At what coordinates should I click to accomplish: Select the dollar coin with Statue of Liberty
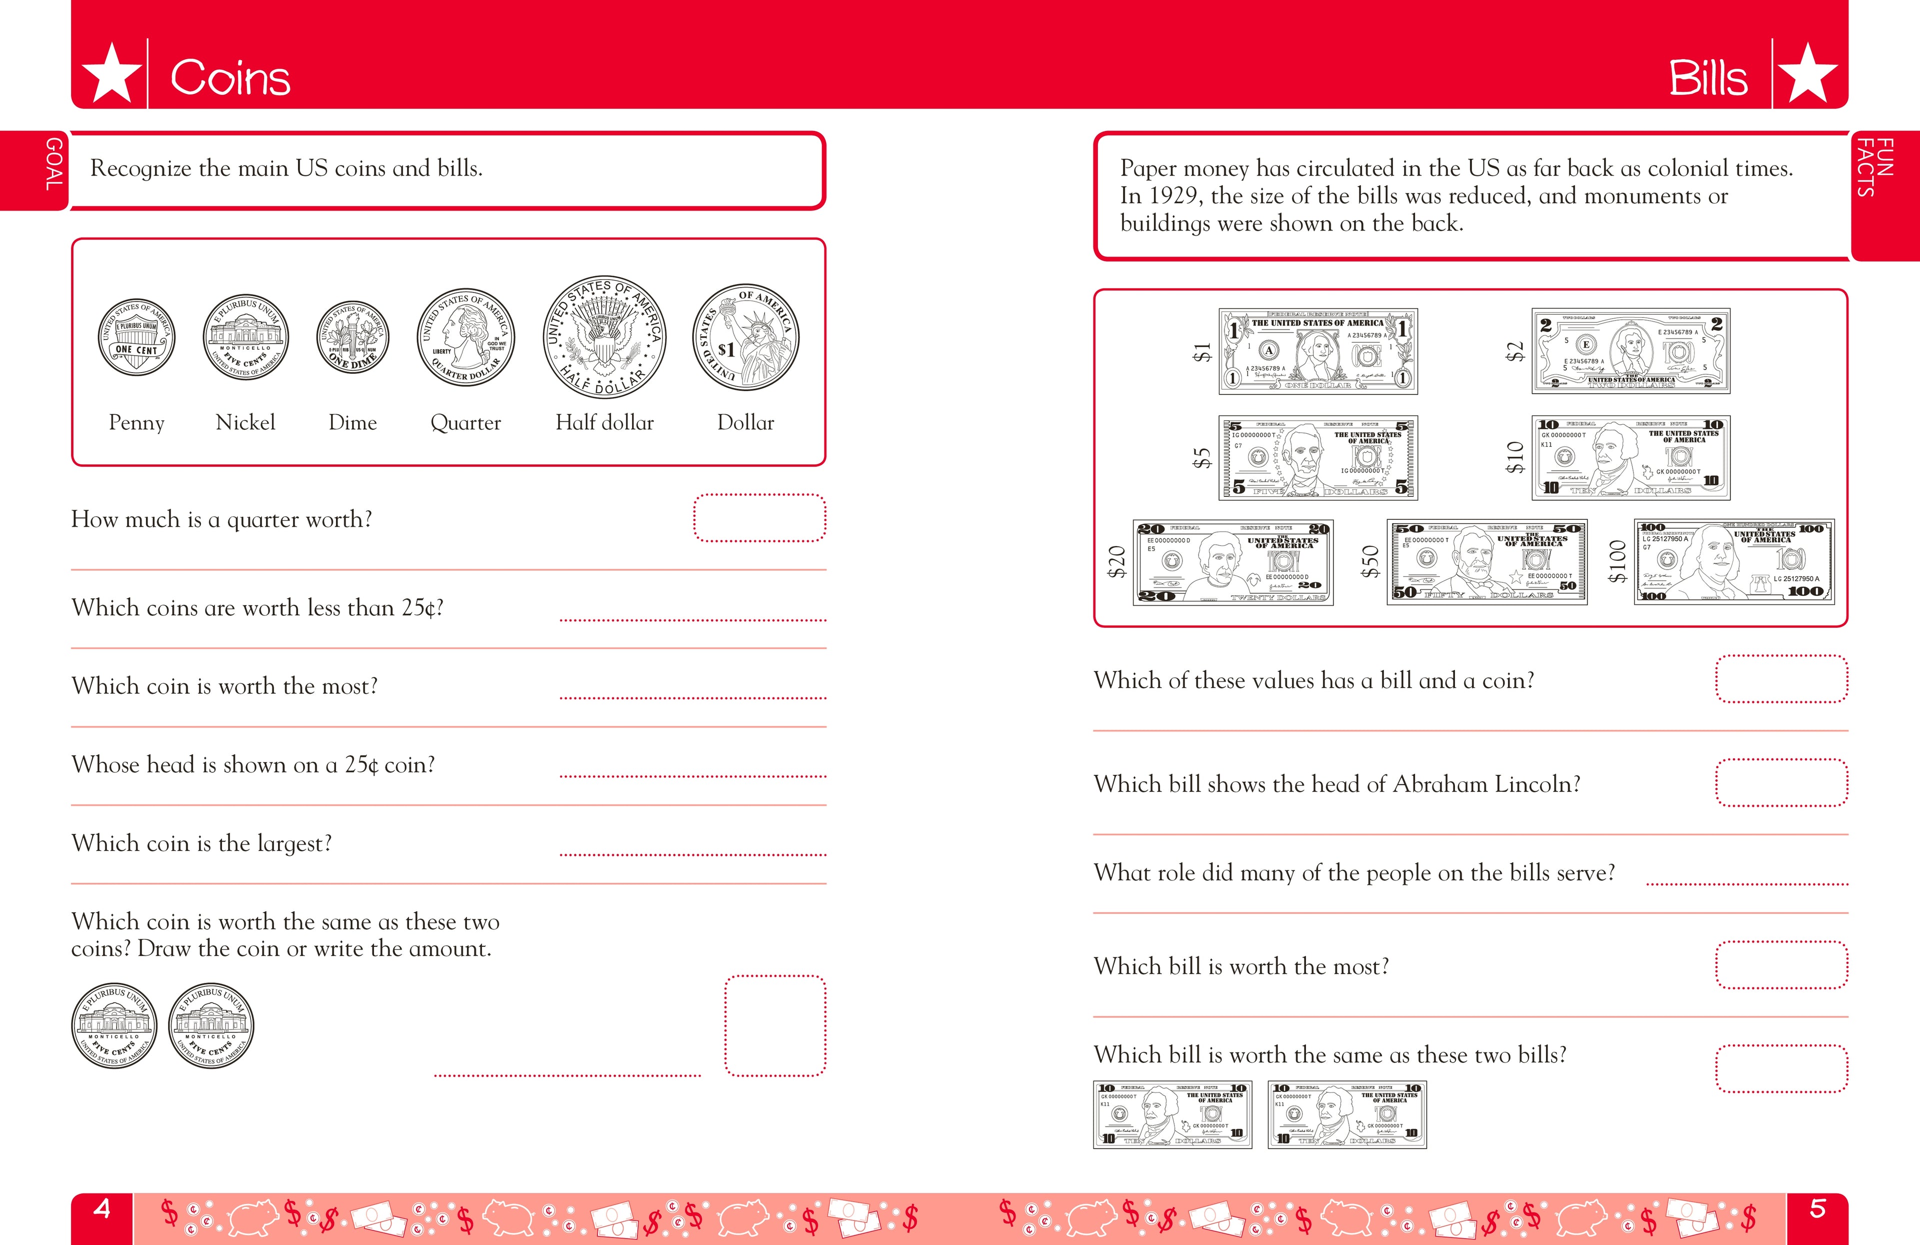tap(745, 337)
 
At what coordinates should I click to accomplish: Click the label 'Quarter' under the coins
tap(465, 423)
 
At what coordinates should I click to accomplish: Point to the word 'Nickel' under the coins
tap(245, 422)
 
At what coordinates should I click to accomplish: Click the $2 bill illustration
tap(1630, 351)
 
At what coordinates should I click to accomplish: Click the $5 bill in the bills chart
tap(1317, 458)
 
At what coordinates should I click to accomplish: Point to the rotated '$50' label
tap(1370, 562)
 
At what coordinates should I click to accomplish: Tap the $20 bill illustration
tap(1232, 562)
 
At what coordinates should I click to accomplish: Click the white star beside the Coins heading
tap(112, 74)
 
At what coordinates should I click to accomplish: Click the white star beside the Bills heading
tap(1808, 74)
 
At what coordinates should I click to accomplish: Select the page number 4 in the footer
tap(101, 1208)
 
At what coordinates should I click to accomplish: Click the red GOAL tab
tap(53, 166)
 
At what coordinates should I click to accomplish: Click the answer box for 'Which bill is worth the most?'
tap(1780, 964)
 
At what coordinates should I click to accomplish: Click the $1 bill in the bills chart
tap(1317, 351)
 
